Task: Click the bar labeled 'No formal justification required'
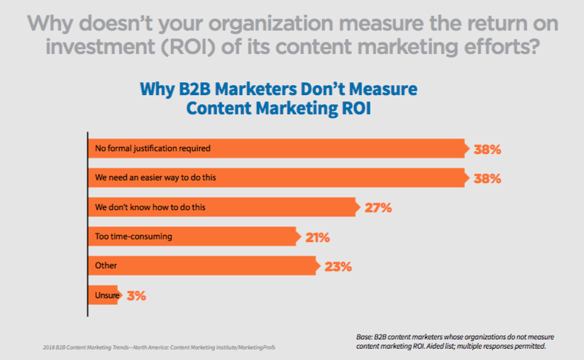277,148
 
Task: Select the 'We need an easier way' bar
277,178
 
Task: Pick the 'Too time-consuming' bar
192,236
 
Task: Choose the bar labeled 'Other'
202,266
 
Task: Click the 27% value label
378,208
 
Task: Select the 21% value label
317,237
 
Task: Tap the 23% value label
338,267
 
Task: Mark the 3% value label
136,296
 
